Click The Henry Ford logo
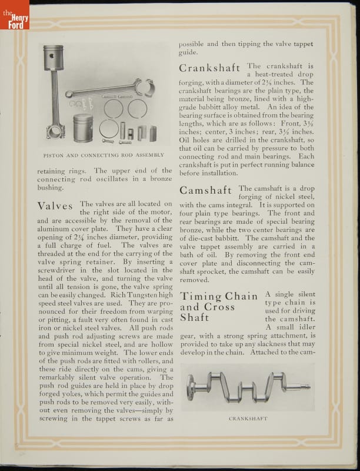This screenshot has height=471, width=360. [x=14, y=15]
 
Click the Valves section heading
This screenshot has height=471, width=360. [x=55, y=206]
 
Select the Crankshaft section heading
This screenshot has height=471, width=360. [x=210, y=68]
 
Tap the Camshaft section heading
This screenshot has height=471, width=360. [x=206, y=190]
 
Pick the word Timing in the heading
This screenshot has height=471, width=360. [x=201, y=296]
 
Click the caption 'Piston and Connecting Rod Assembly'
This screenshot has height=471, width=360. [x=104, y=155]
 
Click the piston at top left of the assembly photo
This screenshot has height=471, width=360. [x=53, y=58]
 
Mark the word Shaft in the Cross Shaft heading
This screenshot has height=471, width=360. [x=195, y=317]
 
